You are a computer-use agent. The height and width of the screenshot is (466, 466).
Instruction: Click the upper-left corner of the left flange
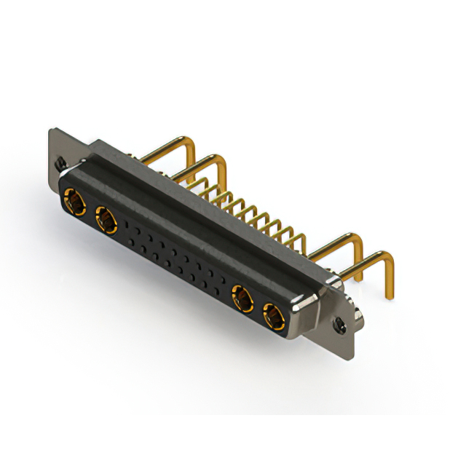[50, 130]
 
